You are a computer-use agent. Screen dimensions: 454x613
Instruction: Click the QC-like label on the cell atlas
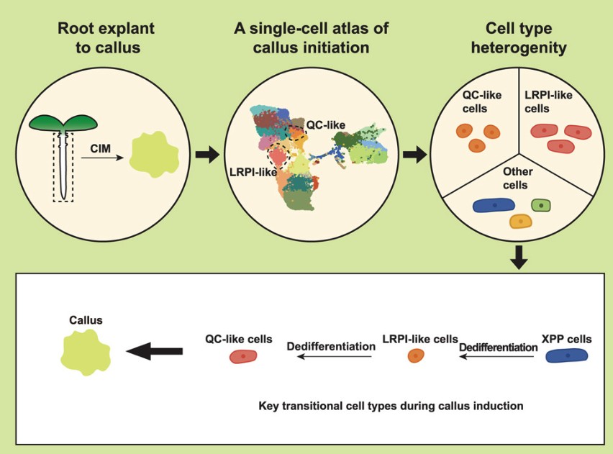pyautogui.click(x=326, y=124)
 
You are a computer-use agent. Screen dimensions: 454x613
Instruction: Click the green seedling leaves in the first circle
pyautogui.click(x=63, y=123)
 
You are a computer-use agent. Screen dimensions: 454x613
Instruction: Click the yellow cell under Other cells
pyautogui.click(x=519, y=222)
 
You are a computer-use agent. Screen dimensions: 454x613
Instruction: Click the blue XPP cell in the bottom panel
pyautogui.click(x=567, y=355)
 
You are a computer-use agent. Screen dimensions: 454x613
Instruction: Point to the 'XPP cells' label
pyautogui.click(x=566, y=339)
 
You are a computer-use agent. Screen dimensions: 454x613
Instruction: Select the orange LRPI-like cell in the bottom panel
pyautogui.click(x=414, y=355)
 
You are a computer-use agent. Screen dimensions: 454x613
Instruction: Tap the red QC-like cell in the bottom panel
pyautogui.click(x=243, y=355)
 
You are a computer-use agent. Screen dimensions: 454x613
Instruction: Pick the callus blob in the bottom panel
pyautogui.click(x=86, y=352)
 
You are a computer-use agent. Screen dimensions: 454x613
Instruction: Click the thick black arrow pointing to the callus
pyautogui.click(x=154, y=351)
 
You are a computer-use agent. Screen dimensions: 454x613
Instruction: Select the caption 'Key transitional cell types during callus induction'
pyautogui.click(x=391, y=406)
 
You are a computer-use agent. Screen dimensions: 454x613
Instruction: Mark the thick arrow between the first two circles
pyautogui.click(x=207, y=154)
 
